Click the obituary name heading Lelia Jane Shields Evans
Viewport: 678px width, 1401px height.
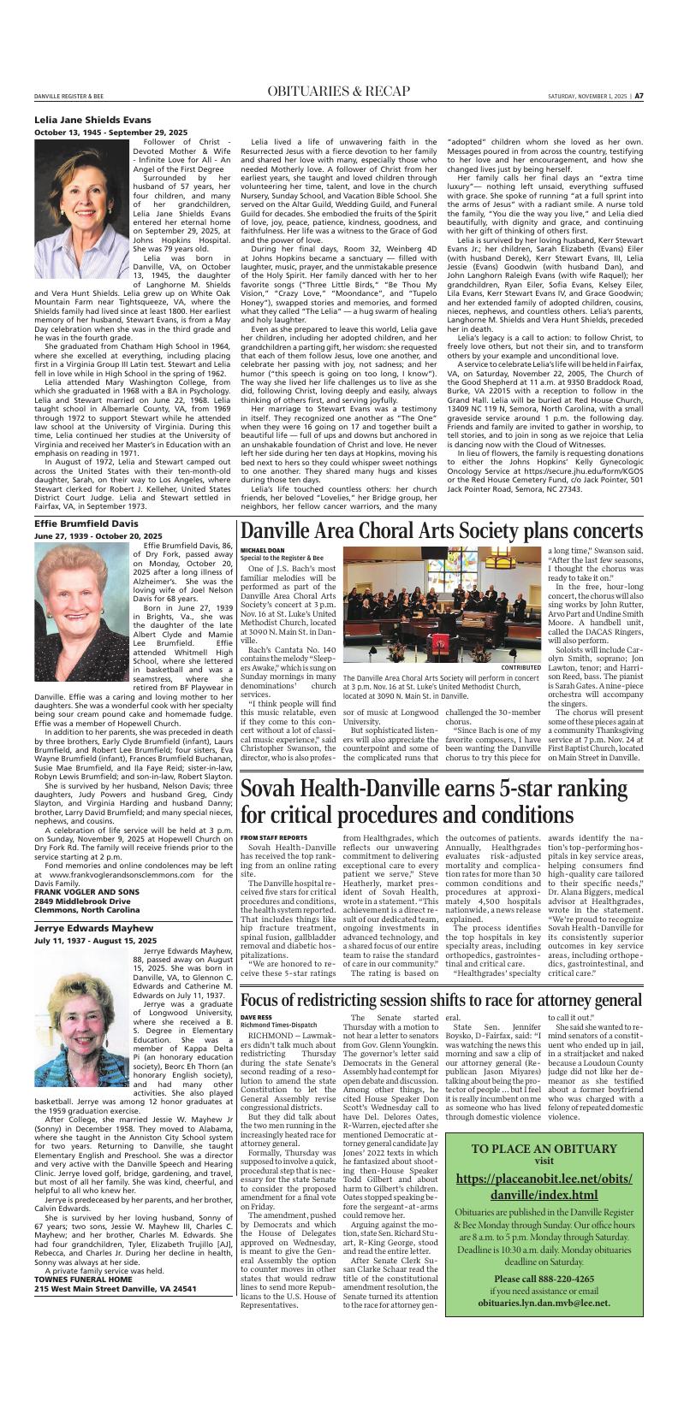click(92, 121)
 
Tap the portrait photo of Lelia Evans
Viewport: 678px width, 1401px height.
click(81, 209)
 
